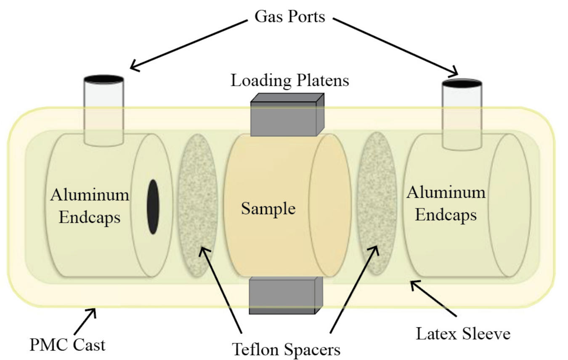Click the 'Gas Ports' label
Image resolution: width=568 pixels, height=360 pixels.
[x=289, y=16]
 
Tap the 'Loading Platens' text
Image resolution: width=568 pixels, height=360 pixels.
[x=289, y=80]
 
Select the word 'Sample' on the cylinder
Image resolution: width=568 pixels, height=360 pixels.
[x=268, y=208]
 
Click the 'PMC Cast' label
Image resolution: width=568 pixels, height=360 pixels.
[x=67, y=344]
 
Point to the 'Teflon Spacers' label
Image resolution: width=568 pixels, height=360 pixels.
[x=286, y=349]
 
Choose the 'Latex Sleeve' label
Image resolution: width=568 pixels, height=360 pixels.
[x=463, y=333]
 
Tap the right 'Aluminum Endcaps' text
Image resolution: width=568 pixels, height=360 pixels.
[x=446, y=204]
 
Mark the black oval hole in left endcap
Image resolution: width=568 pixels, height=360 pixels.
[x=153, y=206]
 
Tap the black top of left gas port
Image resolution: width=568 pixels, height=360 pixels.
[x=104, y=79]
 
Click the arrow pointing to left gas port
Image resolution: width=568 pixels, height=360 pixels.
[x=187, y=43]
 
